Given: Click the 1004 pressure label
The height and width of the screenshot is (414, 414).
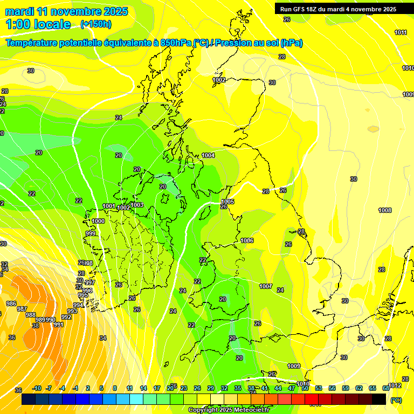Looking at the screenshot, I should pos(208,155).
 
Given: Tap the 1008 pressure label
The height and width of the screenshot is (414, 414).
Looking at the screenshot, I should pos(385,210).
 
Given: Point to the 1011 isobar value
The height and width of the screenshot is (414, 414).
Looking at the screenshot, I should pos(401,32).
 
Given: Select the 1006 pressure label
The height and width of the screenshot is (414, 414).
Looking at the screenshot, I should pos(247,240).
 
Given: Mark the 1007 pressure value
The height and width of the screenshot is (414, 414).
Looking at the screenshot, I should pos(266,286).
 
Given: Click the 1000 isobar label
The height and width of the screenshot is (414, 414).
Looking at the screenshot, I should pos(98,221).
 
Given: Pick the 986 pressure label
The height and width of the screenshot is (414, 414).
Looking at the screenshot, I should pos(11,303).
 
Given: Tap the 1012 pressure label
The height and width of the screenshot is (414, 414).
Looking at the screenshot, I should pos(395,385).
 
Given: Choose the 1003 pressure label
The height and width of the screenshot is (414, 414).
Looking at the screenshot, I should pos(137,205).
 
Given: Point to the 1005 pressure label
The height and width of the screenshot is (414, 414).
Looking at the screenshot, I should pos(227,202).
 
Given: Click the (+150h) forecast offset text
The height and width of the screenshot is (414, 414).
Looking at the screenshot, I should pos(96,24).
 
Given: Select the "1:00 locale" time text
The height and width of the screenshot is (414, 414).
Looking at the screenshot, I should pos(38,24).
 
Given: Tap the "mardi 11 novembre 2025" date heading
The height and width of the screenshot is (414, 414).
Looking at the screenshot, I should pos(67,11).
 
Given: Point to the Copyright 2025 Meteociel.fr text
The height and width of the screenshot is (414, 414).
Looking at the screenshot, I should pos(229,410).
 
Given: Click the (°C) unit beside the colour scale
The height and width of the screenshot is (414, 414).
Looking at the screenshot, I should pos(396,400).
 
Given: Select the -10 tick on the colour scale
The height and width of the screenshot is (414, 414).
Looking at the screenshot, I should pos(37,388).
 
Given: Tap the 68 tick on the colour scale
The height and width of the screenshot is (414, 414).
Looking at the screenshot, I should pos(386,388).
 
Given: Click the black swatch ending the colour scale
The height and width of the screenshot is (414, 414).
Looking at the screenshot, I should pos(379,399).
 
